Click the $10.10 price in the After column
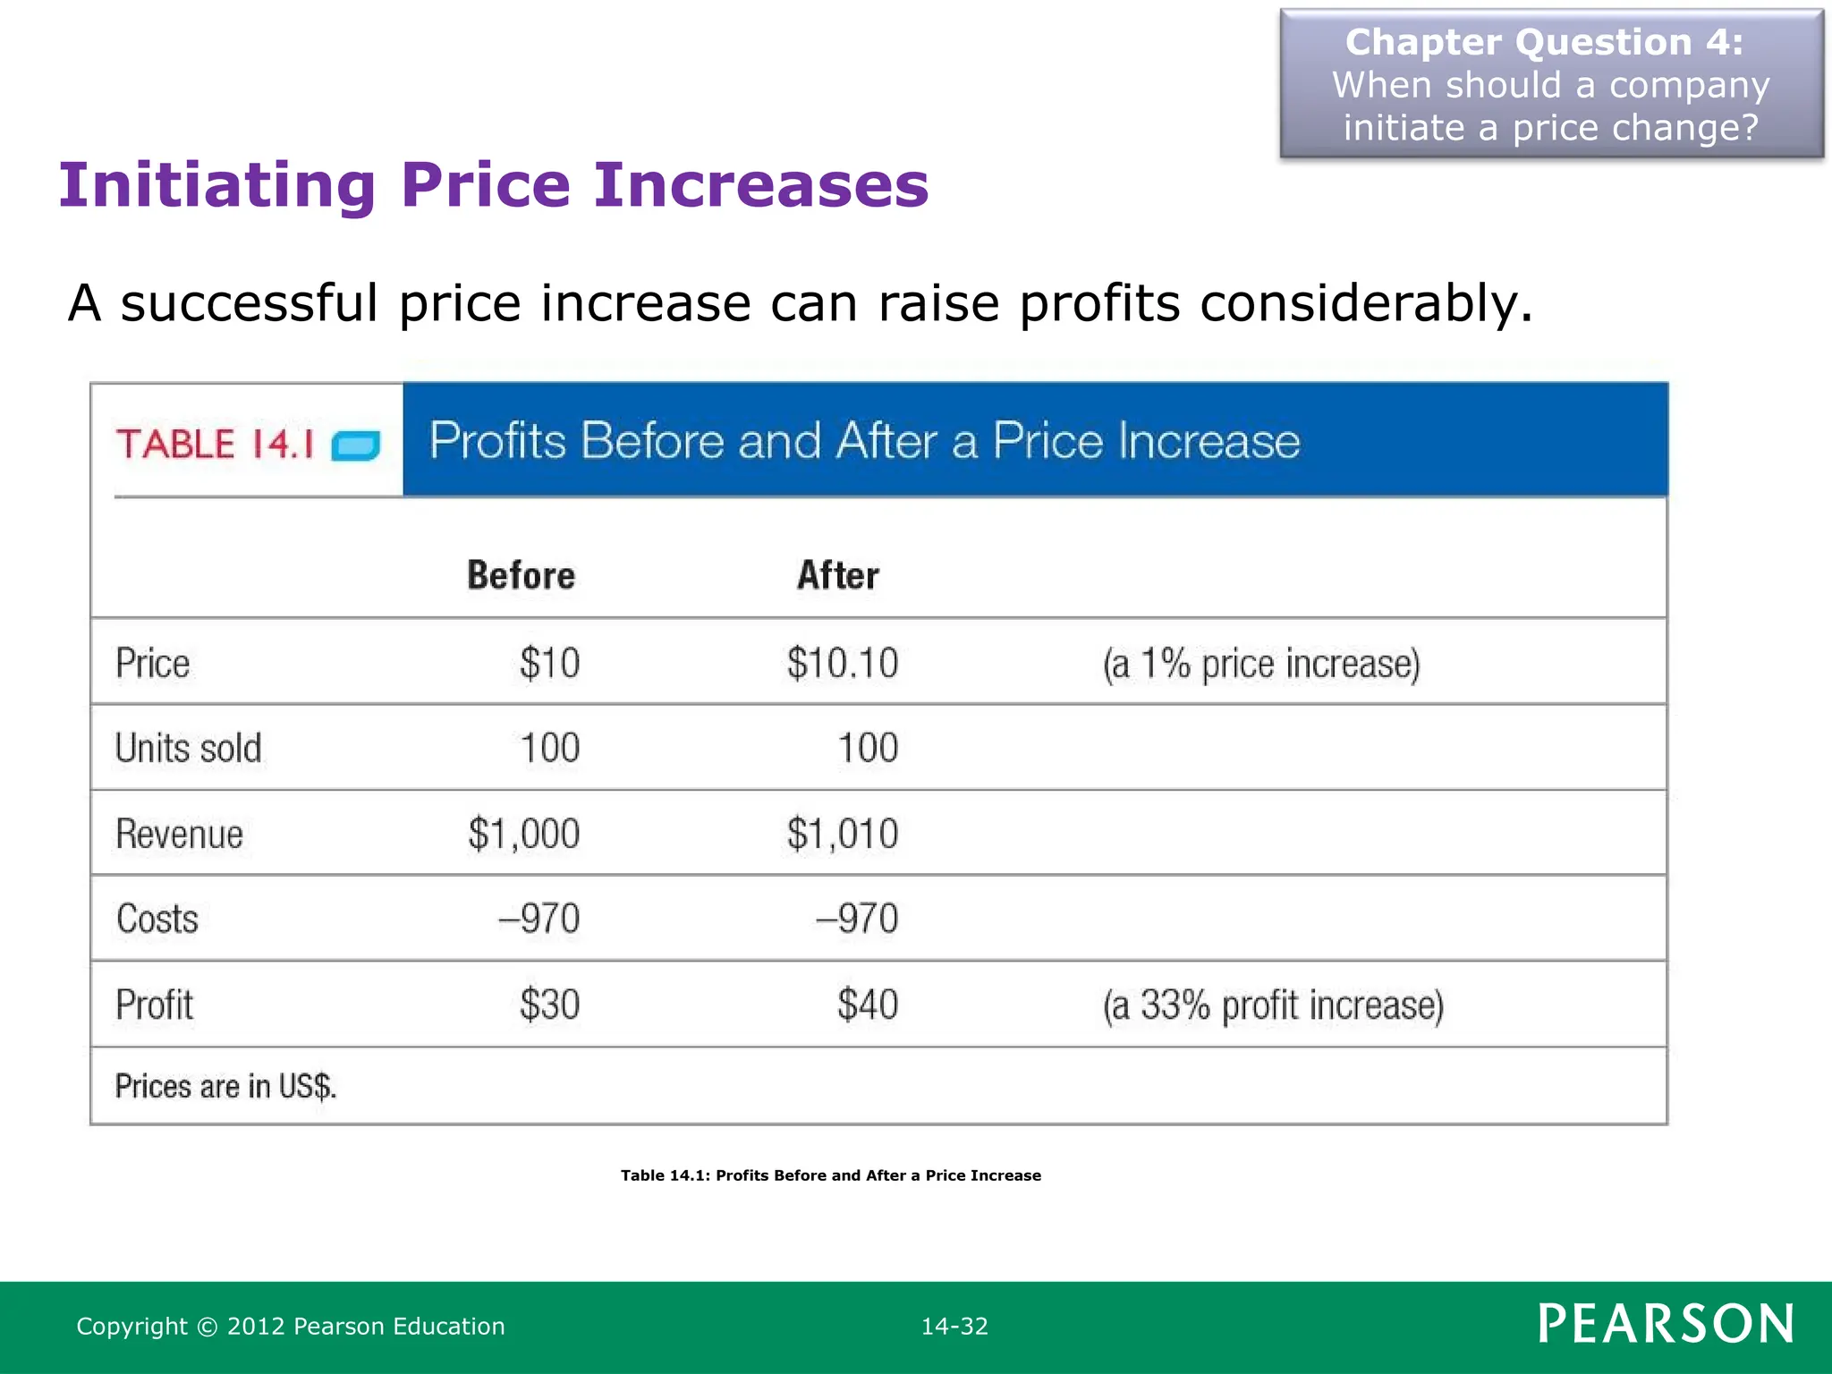[x=842, y=663]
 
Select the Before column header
[x=521, y=575]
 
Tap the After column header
[x=838, y=575]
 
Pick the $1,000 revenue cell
[x=523, y=834]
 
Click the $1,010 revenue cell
[x=842, y=834]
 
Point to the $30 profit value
[x=549, y=1005]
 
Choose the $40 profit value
[x=867, y=1005]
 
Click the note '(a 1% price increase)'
[x=1261, y=664]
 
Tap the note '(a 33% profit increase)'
[x=1273, y=1005]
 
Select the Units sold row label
[x=188, y=748]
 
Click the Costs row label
[x=157, y=919]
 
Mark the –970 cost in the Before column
[x=539, y=919]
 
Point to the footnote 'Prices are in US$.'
[x=225, y=1086]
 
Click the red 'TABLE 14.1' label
[x=215, y=444]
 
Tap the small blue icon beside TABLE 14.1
[x=356, y=445]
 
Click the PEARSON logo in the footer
[x=1666, y=1324]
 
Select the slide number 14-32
[x=954, y=1326]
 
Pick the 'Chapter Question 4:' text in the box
[x=1544, y=42]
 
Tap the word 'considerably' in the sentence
[x=1365, y=302]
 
